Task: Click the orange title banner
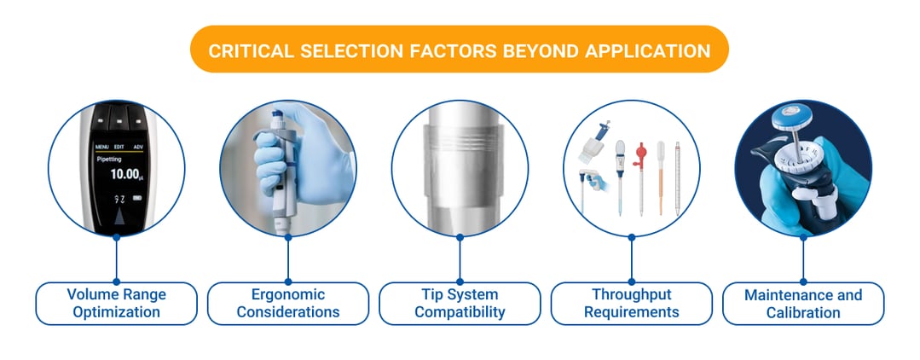pos(460,49)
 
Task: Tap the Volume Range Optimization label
pos(117,304)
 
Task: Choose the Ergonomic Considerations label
pos(288,304)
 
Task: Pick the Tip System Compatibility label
pos(460,304)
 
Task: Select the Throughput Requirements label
pos(632,304)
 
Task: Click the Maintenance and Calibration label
pos(803,304)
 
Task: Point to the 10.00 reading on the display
pos(113,175)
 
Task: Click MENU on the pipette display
pos(101,147)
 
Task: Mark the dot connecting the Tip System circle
pos(460,237)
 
